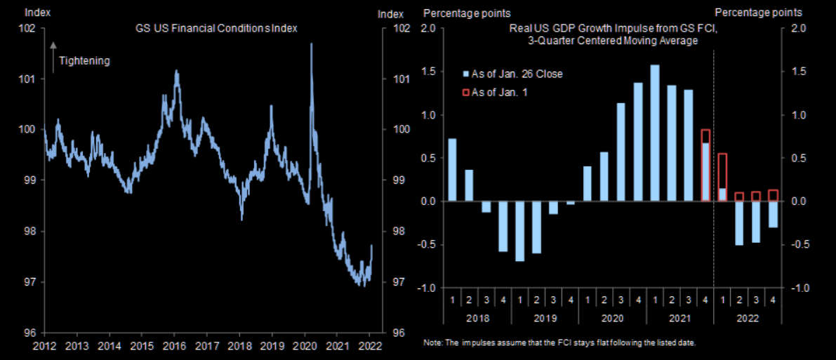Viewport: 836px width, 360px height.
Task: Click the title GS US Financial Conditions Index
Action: [x=216, y=29]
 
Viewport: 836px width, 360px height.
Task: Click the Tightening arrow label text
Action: [x=84, y=61]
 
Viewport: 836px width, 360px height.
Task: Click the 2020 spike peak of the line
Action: [x=311, y=45]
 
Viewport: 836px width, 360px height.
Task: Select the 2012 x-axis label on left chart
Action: [x=44, y=345]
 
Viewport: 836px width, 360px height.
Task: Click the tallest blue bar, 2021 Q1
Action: [x=655, y=133]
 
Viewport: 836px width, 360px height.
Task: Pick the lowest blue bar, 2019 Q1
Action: [x=519, y=231]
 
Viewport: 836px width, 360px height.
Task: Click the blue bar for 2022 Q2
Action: [x=739, y=223]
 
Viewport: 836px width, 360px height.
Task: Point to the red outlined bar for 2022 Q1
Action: [x=722, y=178]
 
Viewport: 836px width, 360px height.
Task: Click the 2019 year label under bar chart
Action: [x=545, y=317]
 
